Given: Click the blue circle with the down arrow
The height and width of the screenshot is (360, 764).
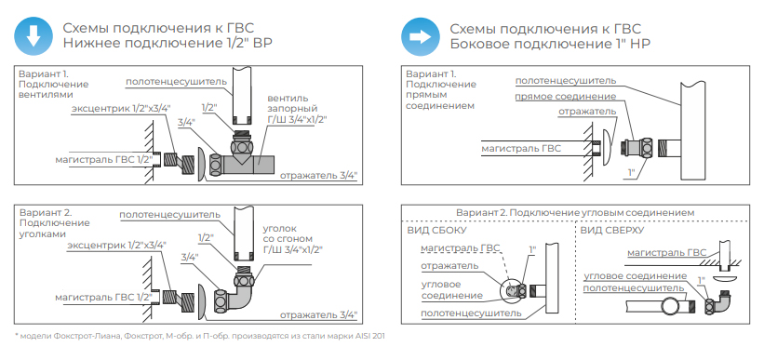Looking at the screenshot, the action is pyautogui.click(x=33, y=36).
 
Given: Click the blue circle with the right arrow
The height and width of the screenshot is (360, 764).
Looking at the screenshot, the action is pyautogui.click(x=420, y=36).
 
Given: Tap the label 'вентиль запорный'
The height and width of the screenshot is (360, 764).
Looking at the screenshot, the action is pyautogui.click(x=291, y=103).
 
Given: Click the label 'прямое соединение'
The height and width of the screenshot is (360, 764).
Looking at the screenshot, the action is pyautogui.click(x=565, y=97).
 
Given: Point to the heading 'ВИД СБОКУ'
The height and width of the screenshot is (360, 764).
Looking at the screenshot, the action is pyautogui.click(x=436, y=230).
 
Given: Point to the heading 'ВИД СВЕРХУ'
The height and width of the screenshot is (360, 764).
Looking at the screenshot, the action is pyautogui.click(x=612, y=230).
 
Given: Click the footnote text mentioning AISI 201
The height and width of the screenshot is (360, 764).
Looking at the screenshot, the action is pyautogui.click(x=200, y=336).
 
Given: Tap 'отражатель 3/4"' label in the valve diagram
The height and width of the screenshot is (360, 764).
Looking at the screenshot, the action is pyautogui.click(x=318, y=175).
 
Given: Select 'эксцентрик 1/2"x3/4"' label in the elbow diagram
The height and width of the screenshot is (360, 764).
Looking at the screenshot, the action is pyautogui.click(x=117, y=244).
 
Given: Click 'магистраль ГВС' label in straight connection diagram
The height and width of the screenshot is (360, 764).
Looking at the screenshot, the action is pyautogui.click(x=521, y=149).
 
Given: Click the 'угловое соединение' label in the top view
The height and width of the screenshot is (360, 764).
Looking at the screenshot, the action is pyautogui.click(x=635, y=276).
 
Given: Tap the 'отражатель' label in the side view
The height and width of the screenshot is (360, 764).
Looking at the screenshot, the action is pyautogui.click(x=449, y=265).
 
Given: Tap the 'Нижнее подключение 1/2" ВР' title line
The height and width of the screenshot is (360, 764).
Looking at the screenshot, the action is pyautogui.click(x=168, y=44).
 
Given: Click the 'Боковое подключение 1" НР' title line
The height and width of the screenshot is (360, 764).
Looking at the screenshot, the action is pyautogui.click(x=550, y=44).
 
